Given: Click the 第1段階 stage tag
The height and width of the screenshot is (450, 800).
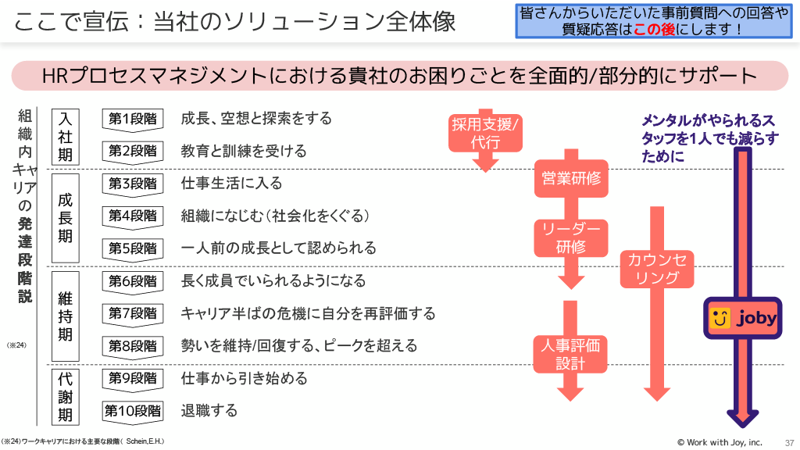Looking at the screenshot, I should (x=132, y=119).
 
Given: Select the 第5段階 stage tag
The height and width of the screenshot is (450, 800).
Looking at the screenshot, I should (x=132, y=248).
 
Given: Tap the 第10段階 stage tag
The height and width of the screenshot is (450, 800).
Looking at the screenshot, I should (x=132, y=411).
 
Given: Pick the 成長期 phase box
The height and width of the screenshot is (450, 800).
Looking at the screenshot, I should (x=66, y=218).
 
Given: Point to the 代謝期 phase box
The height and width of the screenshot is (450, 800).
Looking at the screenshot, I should (x=66, y=395).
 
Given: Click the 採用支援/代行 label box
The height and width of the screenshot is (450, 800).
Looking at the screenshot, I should (x=485, y=133).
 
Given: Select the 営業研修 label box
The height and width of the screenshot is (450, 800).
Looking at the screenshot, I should (x=571, y=178).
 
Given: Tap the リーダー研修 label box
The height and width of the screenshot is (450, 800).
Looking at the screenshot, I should (x=571, y=237).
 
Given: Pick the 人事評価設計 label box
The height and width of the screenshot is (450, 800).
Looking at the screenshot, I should (x=571, y=354).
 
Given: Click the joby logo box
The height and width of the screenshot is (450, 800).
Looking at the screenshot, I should (x=742, y=318).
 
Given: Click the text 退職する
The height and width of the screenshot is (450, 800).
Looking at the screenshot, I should (x=209, y=411).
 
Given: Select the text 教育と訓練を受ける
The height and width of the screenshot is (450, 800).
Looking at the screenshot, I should (x=244, y=151).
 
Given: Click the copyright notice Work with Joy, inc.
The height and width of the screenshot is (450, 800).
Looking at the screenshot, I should (x=720, y=442).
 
